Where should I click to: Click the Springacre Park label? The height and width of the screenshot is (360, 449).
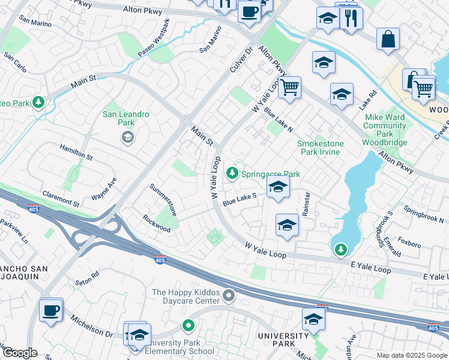pyautogui.click(x=270, y=174)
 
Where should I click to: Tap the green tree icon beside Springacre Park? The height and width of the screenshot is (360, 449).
pyautogui.click(x=232, y=173)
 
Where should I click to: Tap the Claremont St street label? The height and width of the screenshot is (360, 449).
pyautogui.click(x=61, y=199)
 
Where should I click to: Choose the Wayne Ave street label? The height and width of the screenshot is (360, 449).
pyautogui.click(x=104, y=189)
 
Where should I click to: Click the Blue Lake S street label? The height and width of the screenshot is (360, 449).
pyautogui.click(x=240, y=200)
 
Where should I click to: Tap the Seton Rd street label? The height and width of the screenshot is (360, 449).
pyautogui.click(x=87, y=279)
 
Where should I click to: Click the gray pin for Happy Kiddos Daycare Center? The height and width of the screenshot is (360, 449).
pyautogui.click(x=229, y=295)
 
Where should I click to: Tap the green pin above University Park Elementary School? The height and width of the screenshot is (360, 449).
pyautogui.click(x=188, y=326)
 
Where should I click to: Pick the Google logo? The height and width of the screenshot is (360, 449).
pyautogui.click(x=20, y=353)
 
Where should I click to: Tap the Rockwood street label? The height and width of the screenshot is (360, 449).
pyautogui.click(x=156, y=223)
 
